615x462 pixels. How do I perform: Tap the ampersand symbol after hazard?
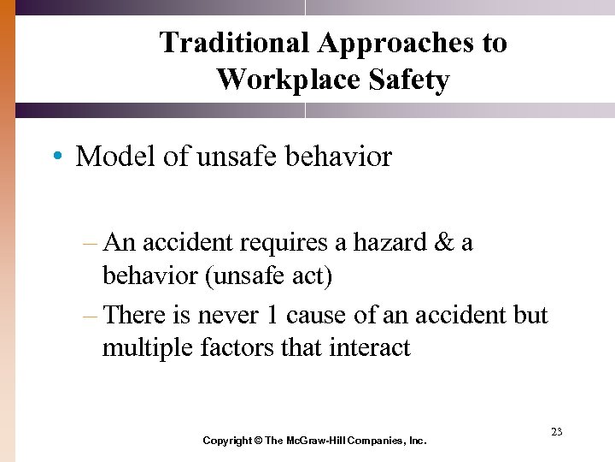pos(444,242)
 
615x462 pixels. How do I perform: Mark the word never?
pos(229,315)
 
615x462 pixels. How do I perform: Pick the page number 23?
pos(556,432)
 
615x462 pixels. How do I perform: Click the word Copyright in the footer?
pos(226,441)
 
